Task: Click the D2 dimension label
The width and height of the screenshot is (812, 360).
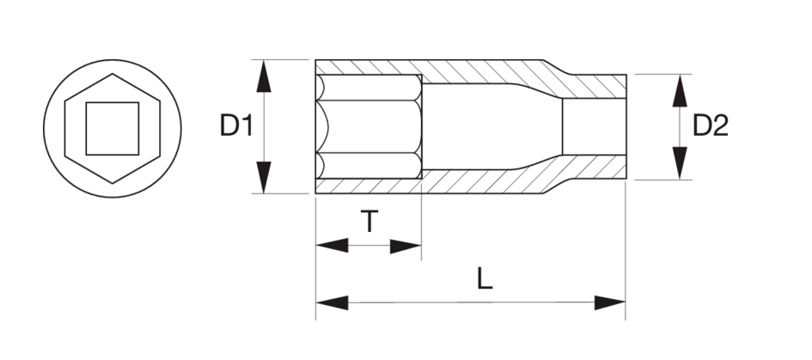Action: [x=711, y=126]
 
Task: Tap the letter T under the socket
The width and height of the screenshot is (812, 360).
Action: [x=368, y=223]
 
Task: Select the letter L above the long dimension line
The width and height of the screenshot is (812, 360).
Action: [x=485, y=279]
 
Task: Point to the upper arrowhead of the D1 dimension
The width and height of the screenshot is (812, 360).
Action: [x=265, y=76]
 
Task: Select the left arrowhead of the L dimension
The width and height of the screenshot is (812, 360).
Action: [x=332, y=302]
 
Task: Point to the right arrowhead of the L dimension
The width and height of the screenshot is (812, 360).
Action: [x=609, y=302]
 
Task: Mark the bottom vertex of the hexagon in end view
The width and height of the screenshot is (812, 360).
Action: [x=112, y=183]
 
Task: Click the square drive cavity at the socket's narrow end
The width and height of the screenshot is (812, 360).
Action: [x=593, y=126]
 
